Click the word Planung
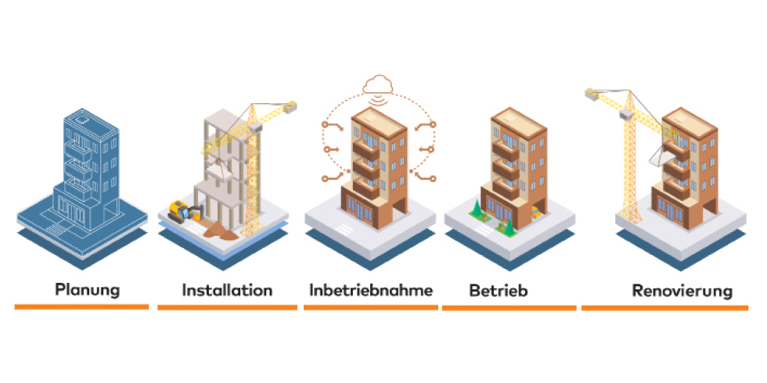pyautogui.click(x=87, y=290)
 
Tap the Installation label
pyautogui.click(x=227, y=290)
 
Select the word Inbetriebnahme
pyautogui.click(x=371, y=290)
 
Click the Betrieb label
pyautogui.click(x=499, y=291)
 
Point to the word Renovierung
pyautogui.click(x=682, y=291)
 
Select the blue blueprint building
pyautogui.click(x=84, y=172)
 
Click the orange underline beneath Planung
pyautogui.click(x=81, y=307)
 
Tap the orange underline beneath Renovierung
pyautogui.click(x=665, y=307)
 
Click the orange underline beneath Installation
pyautogui.click(x=227, y=307)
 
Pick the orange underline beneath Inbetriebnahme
pyautogui.click(x=370, y=307)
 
